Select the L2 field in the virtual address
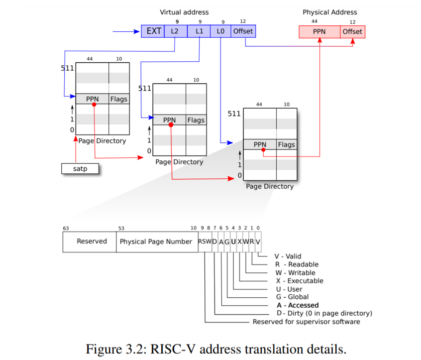(175, 31)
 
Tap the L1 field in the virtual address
(199, 31)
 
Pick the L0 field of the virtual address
(220, 31)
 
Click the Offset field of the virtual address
(243, 31)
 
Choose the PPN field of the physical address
(319, 32)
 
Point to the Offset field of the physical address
(353, 32)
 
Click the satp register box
(80, 169)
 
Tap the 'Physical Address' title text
(330, 12)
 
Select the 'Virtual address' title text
(184, 12)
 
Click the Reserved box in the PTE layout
(90, 241)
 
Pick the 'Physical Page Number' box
(156, 241)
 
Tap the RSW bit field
(205, 241)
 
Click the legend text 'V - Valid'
(288, 256)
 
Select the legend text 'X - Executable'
(299, 281)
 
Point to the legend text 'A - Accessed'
(298, 305)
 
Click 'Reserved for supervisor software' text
(306, 322)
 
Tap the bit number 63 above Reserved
(66, 228)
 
